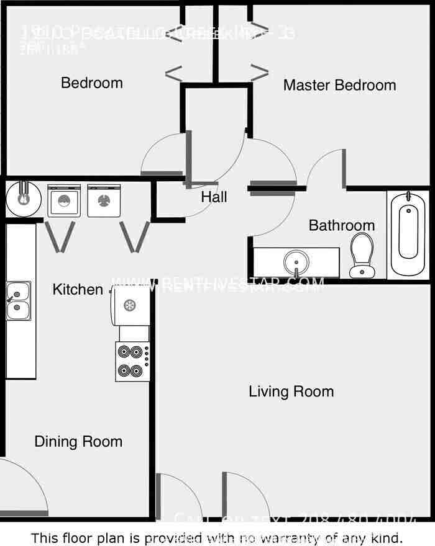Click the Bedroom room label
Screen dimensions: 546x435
click(x=91, y=83)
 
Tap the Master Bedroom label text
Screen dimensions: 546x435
click(x=339, y=85)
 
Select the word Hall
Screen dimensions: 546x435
click(x=214, y=197)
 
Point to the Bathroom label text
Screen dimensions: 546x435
click(x=342, y=225)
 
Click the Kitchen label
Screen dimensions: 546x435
click(x=78, y=289)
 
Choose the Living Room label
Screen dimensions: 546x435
click(x=291, y=392)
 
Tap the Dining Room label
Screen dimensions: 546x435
click(x=78, y=442)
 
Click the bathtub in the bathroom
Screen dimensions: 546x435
click(x=408, y=233)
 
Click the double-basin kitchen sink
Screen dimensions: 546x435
click(x=18, y=301)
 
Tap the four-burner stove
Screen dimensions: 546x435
click(x=132, y=360)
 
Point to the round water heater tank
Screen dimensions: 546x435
click(x=24, y=199)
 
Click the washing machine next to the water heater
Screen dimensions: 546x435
click(x=64, y=200)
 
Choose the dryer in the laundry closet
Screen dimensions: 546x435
click(x=104, y=200)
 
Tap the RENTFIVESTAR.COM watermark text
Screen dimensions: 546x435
click(x=217, y=285)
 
